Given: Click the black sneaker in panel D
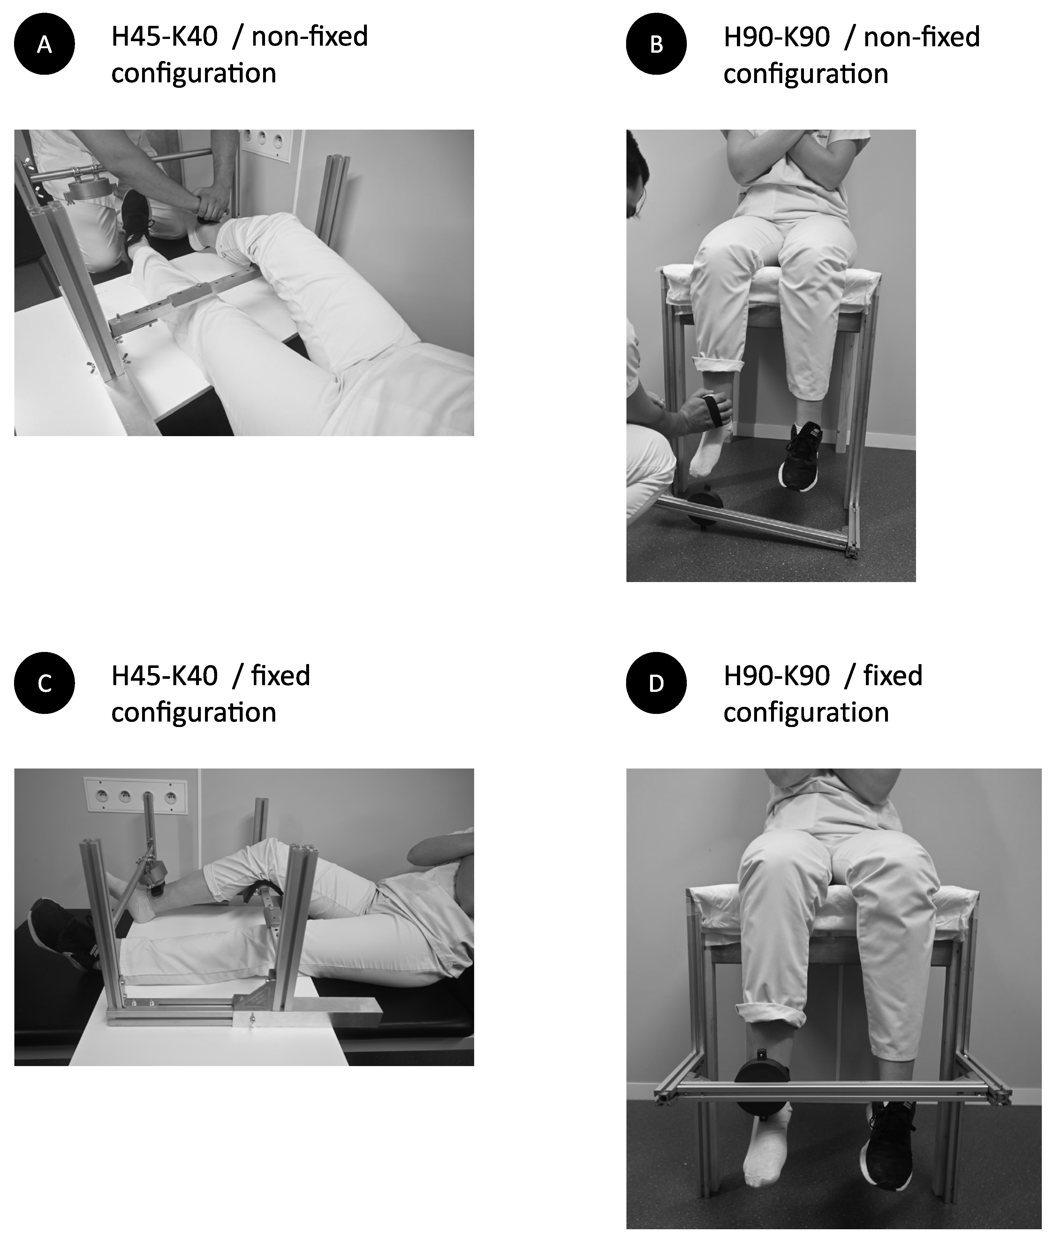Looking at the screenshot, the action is pyautogui.click(x=888, y=1143).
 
